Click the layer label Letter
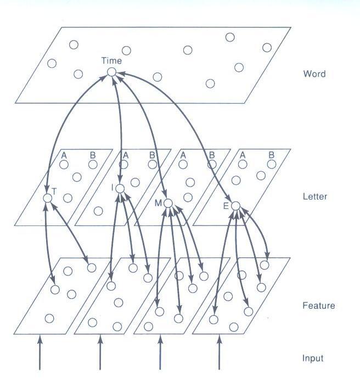[315, 196]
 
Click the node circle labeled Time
[111, 72]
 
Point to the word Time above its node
[111, 61]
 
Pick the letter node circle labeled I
[120, 189]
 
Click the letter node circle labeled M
[168, 204]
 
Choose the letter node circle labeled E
[236, 206]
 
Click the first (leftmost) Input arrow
[40, 354]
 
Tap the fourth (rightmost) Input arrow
[220, 354]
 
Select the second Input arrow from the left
[100, 354]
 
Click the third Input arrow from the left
[160, 354]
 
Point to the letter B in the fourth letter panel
[271, 155]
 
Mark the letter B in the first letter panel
[92, 155]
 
